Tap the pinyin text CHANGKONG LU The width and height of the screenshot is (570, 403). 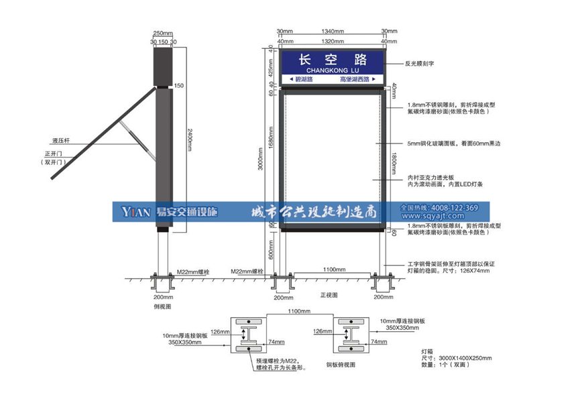333,69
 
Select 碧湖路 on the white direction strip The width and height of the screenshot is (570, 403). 306,80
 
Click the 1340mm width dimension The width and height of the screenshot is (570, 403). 333,32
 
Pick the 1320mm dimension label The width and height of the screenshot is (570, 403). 333,41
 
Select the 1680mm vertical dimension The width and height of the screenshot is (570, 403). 272,158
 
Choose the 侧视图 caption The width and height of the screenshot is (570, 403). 163,306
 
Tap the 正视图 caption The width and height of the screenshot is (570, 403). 329,294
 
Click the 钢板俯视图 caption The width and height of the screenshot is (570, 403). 341,365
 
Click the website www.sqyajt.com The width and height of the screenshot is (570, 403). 441,217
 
